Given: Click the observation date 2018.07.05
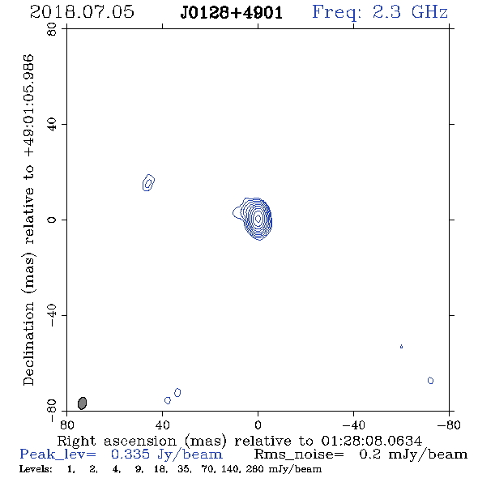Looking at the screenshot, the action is coord(82,12).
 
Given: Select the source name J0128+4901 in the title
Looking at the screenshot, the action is coord(232,12).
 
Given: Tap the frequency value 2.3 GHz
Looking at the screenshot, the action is coord(410,12).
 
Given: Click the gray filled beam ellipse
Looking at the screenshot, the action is coord(83,403).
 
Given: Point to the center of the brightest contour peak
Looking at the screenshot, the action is coord(258,218).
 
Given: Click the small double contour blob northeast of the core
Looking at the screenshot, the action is coord(148,183).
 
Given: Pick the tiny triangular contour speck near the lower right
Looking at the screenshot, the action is coord(402,346).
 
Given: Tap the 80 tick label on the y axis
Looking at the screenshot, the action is coord(52,29).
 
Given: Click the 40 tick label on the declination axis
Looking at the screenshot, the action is coord(52,125).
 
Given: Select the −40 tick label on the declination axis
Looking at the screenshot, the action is coord(52,315).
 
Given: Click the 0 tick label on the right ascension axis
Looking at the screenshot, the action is coord(258,425).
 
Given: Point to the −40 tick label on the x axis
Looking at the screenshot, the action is coord(353,425).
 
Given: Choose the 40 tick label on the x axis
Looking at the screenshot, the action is coord(163,425).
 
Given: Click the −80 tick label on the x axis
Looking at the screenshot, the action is coord(449,425).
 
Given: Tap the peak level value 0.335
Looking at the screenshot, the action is coord(130,455).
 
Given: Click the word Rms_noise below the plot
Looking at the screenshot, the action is coord(299,455).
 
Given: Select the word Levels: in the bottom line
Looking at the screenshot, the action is coord(36,469).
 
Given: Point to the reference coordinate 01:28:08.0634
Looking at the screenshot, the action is coord(371,441).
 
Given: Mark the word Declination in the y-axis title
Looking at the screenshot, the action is coord(28,344).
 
